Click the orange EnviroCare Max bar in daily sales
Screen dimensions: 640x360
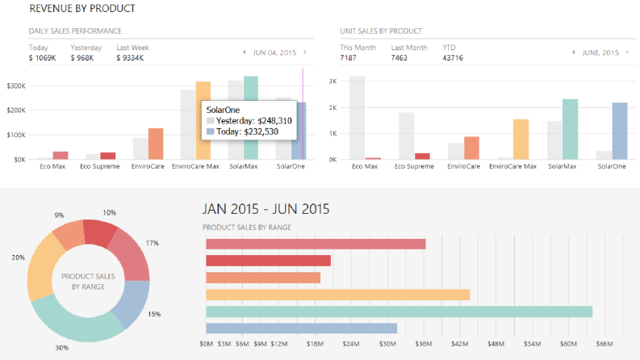203,120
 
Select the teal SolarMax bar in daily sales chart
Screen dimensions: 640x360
251,118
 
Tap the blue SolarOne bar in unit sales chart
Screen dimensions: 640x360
620,131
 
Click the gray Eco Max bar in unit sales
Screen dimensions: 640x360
358,118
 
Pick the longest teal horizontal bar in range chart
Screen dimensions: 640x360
399,312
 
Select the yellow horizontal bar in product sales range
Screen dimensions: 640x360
338,295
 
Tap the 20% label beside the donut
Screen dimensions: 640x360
18,257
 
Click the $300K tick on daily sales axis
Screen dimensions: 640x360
16,86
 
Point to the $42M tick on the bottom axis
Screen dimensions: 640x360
459,344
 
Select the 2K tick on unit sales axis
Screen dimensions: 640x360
333,107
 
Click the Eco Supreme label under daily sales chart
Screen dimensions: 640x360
100,166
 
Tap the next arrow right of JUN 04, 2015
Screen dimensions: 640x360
305,52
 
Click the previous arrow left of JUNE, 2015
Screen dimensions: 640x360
574,52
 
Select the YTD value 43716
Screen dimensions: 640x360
453,58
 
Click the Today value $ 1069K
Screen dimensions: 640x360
43,58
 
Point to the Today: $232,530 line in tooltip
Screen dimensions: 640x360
242,132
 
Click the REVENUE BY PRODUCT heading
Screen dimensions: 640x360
82,9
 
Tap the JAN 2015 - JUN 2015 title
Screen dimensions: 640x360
266,209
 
